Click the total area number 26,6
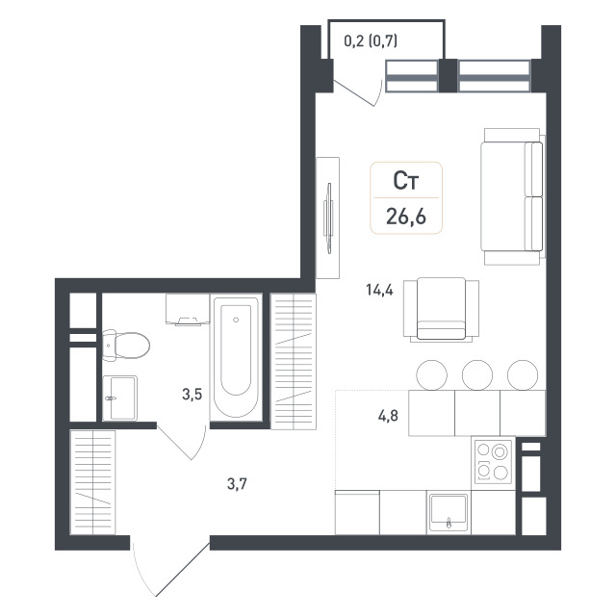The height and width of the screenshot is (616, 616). [x=406, y=216]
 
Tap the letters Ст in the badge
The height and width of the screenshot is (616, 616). [x=406, y=181]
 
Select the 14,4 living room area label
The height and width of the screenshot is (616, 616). [x=379, y=291]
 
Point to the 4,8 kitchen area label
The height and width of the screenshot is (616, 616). [x=388, y=416]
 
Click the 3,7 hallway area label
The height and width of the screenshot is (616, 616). [x=238, y=484]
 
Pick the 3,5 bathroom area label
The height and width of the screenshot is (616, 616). [x=192, y=394]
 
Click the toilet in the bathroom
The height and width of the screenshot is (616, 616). [x=126, y=346]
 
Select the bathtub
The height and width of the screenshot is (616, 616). [x=236, y=357]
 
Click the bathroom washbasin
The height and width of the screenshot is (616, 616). [x=119, y=398]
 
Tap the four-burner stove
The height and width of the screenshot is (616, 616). [x=494, y=462]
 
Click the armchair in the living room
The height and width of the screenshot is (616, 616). [x=441, y=309]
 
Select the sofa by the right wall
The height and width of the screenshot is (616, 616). [x=513, y=196]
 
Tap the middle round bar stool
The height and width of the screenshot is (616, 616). [x=477, y=374]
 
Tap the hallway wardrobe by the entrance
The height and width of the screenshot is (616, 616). [x=92, y=482]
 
